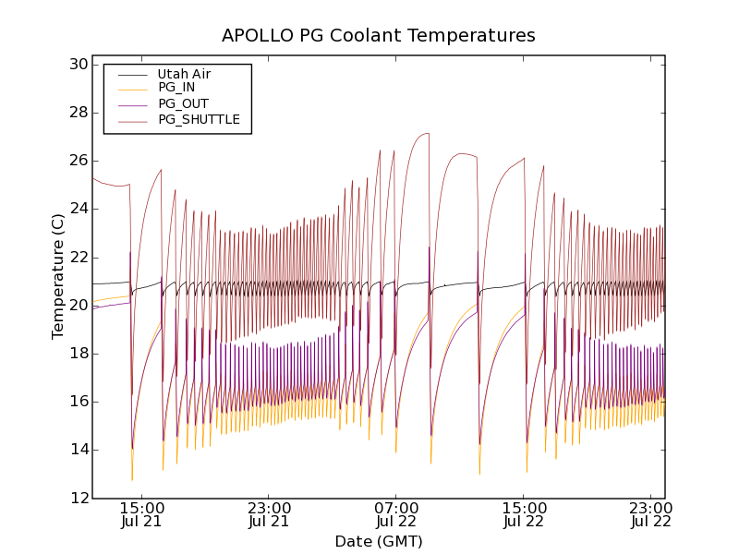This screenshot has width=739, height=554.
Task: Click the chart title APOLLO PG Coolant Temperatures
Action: click(379, 36)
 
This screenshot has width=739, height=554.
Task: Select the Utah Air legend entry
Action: click(184, 74)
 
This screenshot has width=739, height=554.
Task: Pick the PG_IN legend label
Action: click(176, 88)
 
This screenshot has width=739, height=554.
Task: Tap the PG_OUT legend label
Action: click(183, 103)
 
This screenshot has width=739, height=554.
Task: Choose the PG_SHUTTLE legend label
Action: click(199, 119)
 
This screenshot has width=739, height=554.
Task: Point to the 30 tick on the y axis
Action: click(77, 65)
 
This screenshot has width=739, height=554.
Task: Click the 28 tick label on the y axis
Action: click(77, 113)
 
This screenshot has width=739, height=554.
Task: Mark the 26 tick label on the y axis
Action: click(77, 161)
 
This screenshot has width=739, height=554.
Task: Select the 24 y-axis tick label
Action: click(77, 209)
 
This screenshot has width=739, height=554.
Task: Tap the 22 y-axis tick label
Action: click(77, 257)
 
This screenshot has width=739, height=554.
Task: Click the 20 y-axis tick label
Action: click(77, 306)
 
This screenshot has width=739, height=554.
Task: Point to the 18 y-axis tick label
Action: click(77, 354)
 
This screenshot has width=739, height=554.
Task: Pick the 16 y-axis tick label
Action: click(77, 402)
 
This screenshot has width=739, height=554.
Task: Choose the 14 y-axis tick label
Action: click(77, 450)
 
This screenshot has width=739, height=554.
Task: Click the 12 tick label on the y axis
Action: click(77, 498)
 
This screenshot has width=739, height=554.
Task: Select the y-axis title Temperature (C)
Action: click(58, 277)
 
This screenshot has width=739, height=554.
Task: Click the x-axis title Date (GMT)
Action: click(379, 541)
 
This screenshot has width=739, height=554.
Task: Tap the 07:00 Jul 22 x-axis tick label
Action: click(396, 514)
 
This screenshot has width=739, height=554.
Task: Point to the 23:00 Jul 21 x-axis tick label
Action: click(269, 514)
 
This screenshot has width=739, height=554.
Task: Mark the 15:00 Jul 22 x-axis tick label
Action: click(524, 514)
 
